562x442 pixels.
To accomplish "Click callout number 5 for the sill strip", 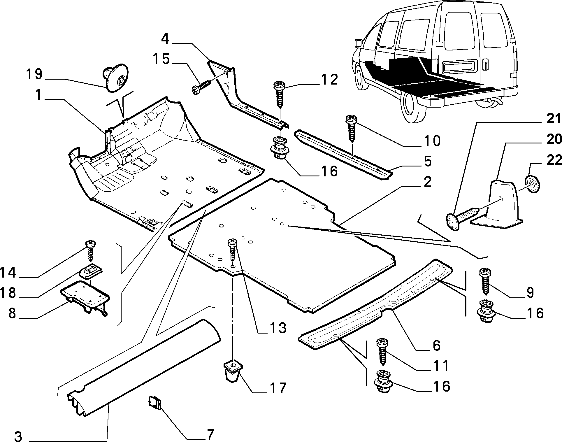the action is (x=427, y=162).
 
